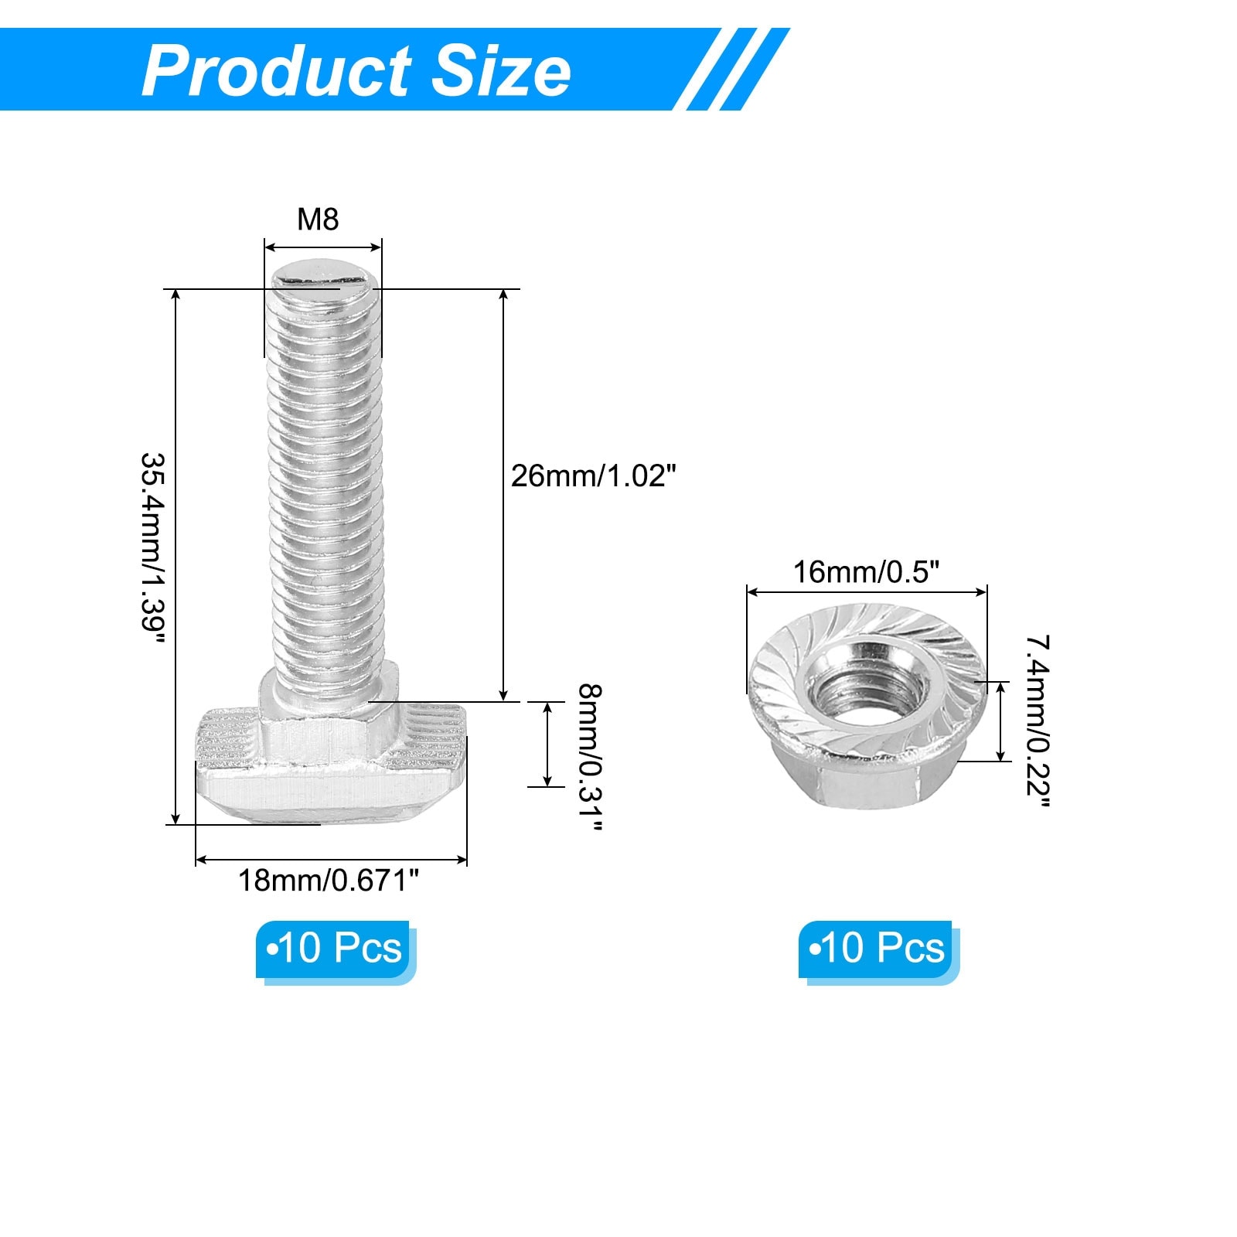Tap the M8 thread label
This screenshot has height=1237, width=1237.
318,220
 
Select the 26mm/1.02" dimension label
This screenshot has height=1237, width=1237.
594,475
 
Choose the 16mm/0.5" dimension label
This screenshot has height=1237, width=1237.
866,572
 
